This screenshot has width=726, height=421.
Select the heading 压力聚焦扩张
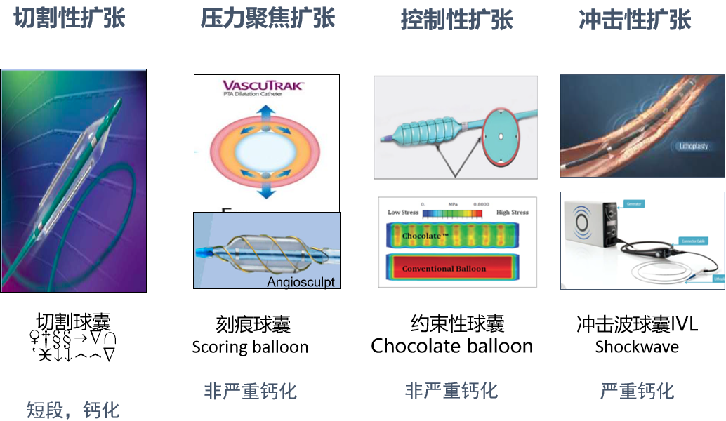[268, 18]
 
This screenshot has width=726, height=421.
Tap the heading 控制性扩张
[456, 20]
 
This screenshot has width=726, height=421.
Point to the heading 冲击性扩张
[635, 20]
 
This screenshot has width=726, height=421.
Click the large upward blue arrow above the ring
[267, 115]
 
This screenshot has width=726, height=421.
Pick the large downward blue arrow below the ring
[267, 189]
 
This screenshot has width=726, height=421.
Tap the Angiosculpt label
[301, 282]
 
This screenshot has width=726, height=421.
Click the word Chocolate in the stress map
[421, 236]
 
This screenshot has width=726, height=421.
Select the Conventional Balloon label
[444, 269]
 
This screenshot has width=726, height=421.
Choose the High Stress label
[513, 212]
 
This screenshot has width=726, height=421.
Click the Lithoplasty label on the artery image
[694, 147]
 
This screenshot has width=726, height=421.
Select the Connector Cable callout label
[694, 241]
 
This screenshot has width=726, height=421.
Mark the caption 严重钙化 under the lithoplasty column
[637, 391]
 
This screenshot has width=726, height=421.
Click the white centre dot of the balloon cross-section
[505, 138]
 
